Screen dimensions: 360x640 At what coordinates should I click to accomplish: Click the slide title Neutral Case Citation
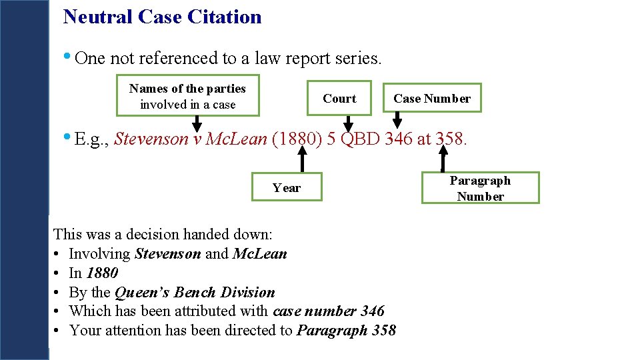(x=162, y=17)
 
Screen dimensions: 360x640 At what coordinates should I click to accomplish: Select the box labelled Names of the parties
(x=187, y=97)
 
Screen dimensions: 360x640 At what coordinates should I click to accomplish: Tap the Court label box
(x=339, y=99)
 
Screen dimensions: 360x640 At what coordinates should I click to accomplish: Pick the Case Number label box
(x=432, y=99)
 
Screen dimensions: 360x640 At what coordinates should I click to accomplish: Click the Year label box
(x=287, y=187)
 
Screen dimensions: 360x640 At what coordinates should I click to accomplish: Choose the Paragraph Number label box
(x=480, y=188)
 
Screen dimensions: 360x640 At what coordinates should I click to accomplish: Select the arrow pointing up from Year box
(x=301, y=160)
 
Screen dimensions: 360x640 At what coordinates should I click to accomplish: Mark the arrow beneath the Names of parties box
(x=197, y=123)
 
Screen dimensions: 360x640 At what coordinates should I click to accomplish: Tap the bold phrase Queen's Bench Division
(x=195, y=292)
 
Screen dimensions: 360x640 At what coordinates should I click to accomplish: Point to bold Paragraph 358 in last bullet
(x=346, y=330)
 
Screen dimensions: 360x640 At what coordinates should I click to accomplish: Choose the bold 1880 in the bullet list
(x=102, y=273)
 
